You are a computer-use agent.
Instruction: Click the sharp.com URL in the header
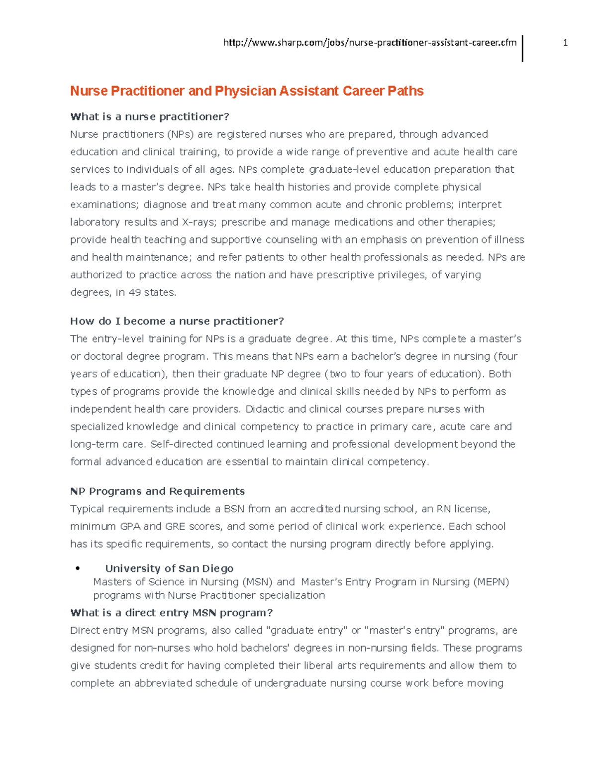click(370, 43)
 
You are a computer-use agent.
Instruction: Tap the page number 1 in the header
click(565, 43)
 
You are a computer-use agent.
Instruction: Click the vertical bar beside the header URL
click(522, 48)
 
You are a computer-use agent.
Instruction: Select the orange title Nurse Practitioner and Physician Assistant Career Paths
click(247, 91)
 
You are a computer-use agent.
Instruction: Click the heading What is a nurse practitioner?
click(150, 116)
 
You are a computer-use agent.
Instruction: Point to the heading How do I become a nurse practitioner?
click(177, 321)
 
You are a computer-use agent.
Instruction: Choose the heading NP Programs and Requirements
click(157, 491)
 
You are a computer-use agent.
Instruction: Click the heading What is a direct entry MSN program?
click(172, 613)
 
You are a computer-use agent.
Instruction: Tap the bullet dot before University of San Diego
click(77, 569)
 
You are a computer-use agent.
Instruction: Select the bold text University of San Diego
click(169, 568)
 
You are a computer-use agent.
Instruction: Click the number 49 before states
click(134, 293)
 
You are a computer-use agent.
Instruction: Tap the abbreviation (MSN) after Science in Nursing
click(257, 582)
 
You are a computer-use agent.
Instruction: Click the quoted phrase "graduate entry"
click(307, 631)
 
